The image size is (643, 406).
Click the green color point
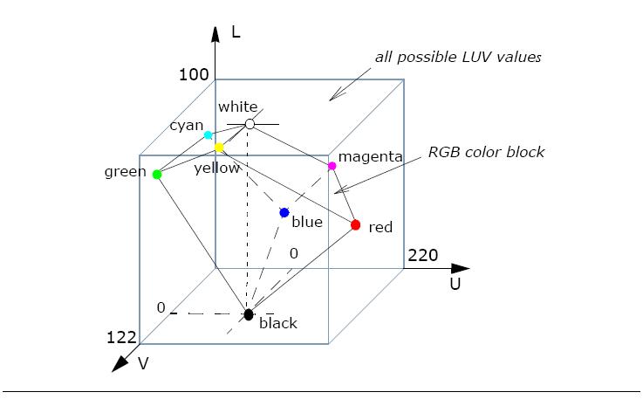(157, 174)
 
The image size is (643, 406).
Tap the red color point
(355, 225)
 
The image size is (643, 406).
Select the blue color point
(284, 212)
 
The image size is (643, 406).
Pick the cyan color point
(208, 135)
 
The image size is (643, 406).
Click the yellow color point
(219, 148)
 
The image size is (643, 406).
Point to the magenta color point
(332, 166)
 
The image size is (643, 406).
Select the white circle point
(250, 124)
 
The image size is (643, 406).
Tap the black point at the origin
(249, 314)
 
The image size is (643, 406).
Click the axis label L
(236, 33)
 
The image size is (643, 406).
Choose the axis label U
(455, 284)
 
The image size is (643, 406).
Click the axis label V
(144, 362)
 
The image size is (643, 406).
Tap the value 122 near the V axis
(120, 336)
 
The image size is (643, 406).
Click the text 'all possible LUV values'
(458, 58)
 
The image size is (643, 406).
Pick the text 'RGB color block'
(486, 152)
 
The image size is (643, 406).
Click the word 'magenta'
(370, 157)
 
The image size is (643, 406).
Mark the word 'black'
(278, 323)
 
